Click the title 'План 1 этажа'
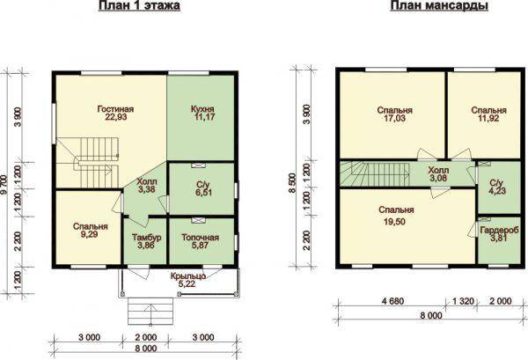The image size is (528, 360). point(139,6)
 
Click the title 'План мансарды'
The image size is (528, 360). point(439,6)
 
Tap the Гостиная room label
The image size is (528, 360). point(115,109)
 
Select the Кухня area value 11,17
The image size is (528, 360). point(204,117)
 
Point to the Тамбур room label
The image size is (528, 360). point(146,238)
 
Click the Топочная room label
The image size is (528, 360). point(201,238)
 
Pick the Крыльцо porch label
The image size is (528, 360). point(188,276)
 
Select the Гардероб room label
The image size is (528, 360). point(499,231)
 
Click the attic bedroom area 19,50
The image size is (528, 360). point(396,222)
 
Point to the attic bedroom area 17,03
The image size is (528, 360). point(394,118)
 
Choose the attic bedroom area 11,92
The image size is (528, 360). point(488,118)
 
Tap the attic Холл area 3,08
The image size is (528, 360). point(438,178)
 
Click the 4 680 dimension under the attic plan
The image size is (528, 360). point(392,301)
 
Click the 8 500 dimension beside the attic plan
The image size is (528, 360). point(292,184)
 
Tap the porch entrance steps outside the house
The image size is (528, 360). point(150,311)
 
